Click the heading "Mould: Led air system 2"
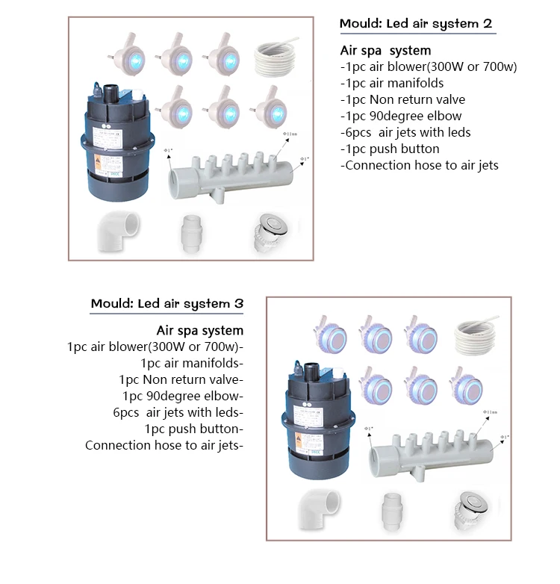click(416, 23)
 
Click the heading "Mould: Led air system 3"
click(167, 303)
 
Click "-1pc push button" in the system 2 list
click(389, 149)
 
